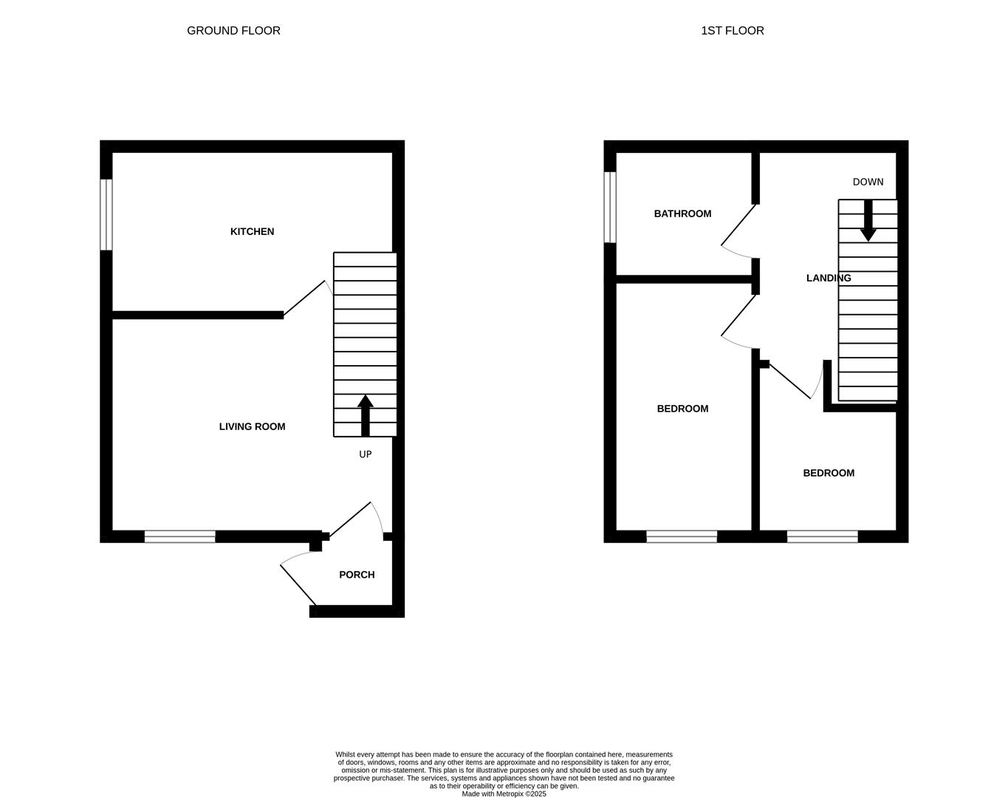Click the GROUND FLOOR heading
pos(233,31)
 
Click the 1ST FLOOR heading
pos(732,31)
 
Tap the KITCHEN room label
pos(252,232)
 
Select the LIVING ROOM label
pos(252,427)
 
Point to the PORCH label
pos(357,575)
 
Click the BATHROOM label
pos(682,214)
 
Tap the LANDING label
pos(828,279)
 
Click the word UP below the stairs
pos(365,455)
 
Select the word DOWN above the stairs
pos(868,183)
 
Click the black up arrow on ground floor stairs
pos(365,415)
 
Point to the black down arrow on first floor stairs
pos(868,221)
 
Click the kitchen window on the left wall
pos(106,214)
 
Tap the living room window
pos(179,536)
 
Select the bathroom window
pos(610,207)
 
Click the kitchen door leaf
pos(304,298)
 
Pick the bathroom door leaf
pos(738,225)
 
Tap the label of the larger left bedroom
pos(682,409)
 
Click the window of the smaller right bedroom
pos(822,536)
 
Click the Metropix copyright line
pos(504,794)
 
